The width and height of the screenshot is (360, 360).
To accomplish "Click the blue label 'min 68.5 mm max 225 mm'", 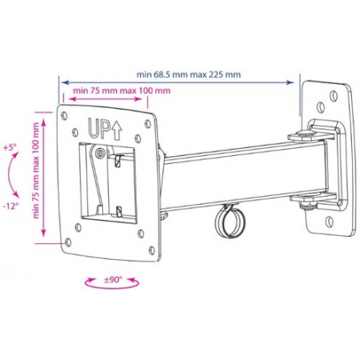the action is tap(189, 74).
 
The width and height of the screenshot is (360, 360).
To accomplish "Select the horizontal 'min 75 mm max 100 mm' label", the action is tap(122, 90).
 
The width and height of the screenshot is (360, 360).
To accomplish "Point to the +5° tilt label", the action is tap(10, 147).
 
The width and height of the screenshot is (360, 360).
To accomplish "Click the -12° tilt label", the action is tap(11, 206).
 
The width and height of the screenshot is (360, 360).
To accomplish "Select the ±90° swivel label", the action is tap(112, 280).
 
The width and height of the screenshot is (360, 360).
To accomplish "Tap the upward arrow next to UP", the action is tap(116, 130).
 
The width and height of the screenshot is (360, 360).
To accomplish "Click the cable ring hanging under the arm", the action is tap(230, 222).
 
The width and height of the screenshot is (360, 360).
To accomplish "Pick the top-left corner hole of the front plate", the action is tap(64, 115).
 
